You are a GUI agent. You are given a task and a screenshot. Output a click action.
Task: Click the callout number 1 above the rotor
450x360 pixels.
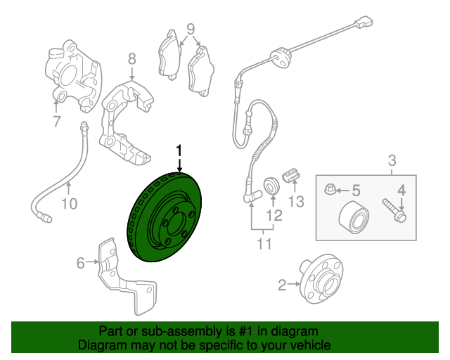click(x=180, y=150)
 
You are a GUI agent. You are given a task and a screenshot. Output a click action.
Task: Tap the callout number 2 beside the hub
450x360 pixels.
click(x=283, y=285)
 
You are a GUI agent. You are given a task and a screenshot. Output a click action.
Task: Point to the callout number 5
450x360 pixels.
click(x=355, y=190)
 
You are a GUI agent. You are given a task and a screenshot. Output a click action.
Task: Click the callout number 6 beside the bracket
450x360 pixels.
click(x=81, y=263)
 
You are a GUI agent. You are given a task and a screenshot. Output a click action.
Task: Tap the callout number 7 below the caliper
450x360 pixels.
click(x=56, y=122)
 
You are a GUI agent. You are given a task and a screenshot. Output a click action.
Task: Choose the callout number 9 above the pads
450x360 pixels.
click(x=190, y=30)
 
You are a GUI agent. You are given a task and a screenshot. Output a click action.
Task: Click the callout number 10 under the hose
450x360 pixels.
click(x=68, y=204)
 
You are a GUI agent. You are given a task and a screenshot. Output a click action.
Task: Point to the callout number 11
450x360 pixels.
click(x=264, y=244)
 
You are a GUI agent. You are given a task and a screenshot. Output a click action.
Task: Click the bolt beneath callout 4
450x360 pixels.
click(x=394, y=210)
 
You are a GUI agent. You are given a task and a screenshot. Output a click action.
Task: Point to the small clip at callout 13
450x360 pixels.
click(x=289, y=174)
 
